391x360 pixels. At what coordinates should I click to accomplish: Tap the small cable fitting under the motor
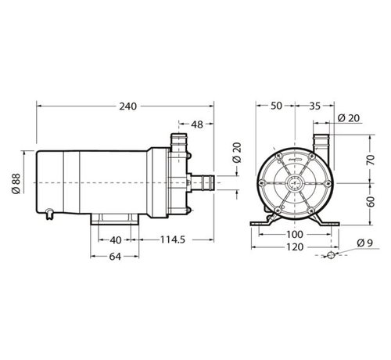click(49, 211)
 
